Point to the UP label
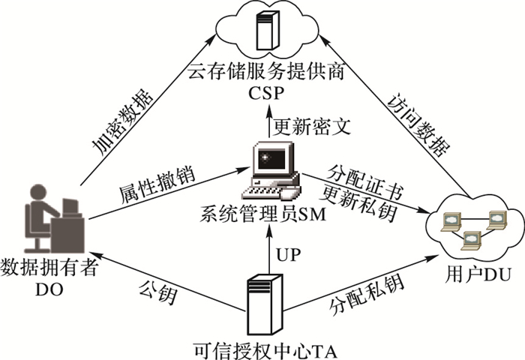[289, 254]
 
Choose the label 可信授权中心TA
[259, 348]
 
